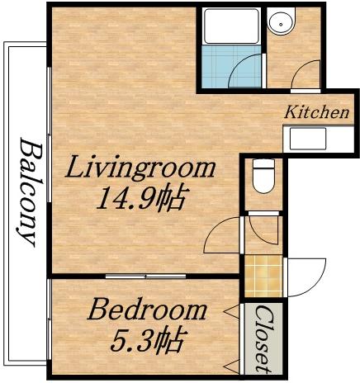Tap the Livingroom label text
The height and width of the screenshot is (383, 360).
click(140, 169)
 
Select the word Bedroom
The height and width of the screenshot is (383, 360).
click(147, 311)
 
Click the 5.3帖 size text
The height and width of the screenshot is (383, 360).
click(147, 338)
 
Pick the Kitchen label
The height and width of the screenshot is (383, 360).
click(317, 112)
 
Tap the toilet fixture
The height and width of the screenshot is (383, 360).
click(263, 174)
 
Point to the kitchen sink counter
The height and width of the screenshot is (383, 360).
click(318, 137)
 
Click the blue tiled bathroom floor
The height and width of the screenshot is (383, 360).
click(223, 66)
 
